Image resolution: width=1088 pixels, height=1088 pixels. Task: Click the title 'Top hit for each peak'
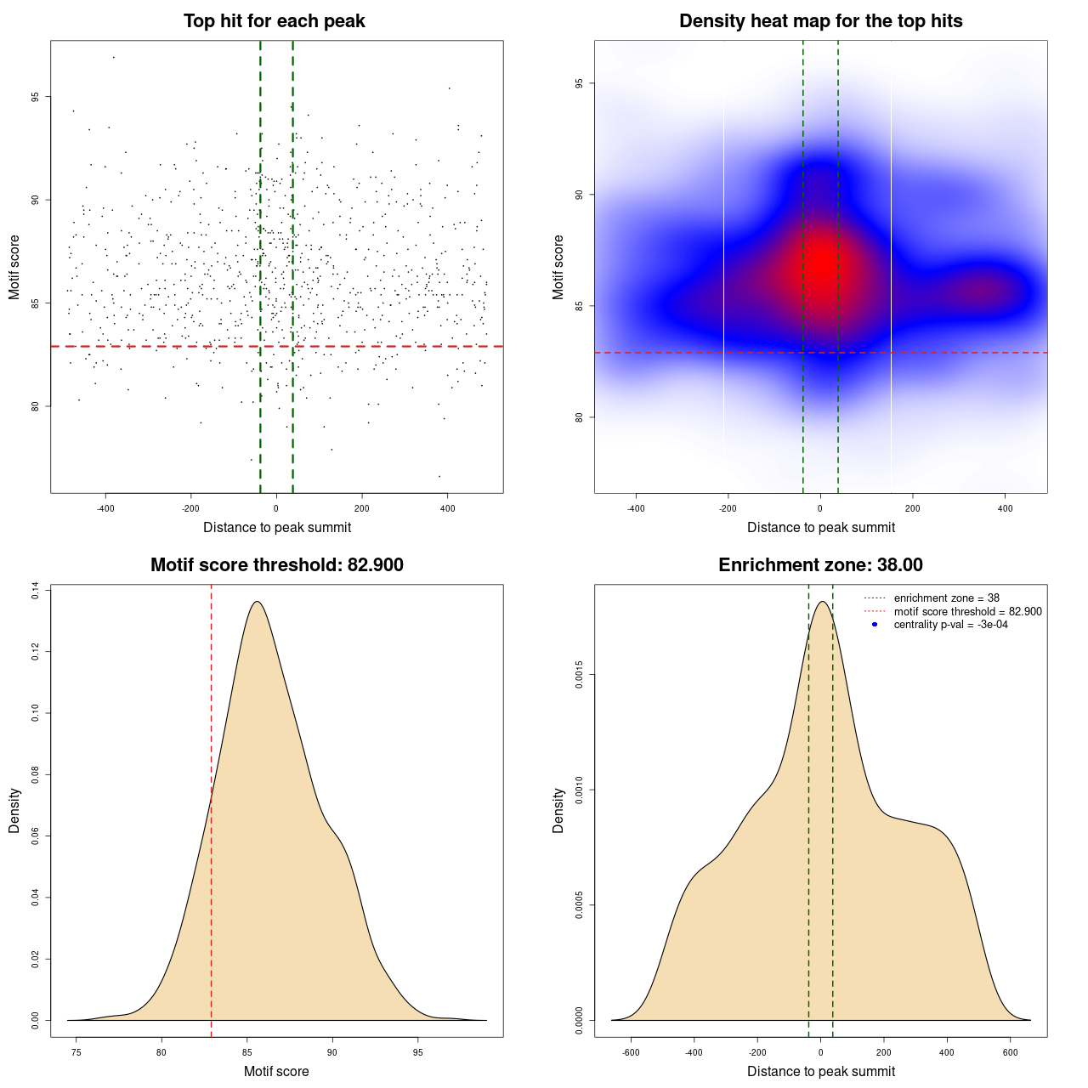[274, 21]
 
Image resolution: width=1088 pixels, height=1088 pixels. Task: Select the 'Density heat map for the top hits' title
[820, 21]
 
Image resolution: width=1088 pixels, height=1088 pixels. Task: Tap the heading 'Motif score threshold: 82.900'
[276, 565]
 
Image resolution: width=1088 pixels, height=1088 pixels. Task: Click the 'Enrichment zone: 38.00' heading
[820, 565]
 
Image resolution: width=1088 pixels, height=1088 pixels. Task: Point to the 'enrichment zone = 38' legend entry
[946, 598]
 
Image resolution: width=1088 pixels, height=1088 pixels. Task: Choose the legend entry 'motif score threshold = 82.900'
[967, 611]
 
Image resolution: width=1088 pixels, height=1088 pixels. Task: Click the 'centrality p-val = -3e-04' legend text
[950, 625]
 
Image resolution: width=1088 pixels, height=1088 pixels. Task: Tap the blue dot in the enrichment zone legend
[875, 625]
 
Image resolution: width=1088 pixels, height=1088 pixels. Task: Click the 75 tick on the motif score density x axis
[76, 1052]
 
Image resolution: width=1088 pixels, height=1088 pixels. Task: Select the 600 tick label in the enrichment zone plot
[1011, 1052]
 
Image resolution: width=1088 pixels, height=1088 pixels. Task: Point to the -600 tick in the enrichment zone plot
[631, 1052]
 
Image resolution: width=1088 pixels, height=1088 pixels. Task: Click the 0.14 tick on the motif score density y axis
[35, 591]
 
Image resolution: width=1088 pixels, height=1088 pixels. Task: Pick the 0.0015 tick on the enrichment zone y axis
[579, 676]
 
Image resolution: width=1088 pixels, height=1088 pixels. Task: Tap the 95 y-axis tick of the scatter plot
[35, 97]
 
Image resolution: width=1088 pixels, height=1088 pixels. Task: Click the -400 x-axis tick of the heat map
[636, 508]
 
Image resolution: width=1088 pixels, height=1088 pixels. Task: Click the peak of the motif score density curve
[256, 602]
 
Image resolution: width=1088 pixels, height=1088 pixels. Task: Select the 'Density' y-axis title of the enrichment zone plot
[558, 810]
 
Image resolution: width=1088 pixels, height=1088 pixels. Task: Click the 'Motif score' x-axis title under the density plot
[276, 1071]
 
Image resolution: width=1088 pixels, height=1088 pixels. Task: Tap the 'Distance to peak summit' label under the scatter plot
[277, 527]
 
